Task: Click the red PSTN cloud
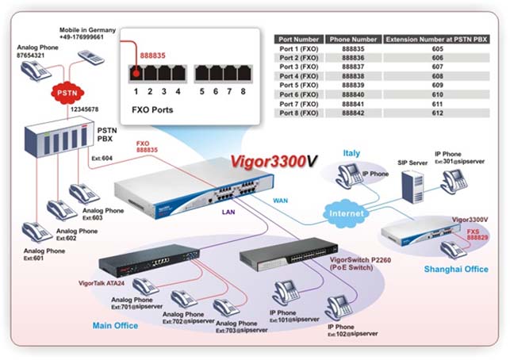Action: click(x=65, y=92)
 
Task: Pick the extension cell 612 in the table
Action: click(x=438, y=113)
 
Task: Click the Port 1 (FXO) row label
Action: click(x=300, y=49)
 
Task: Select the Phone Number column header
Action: click(x=354, y=38)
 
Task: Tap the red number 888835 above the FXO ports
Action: click(x=154, y=56)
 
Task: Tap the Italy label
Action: click(x=351, y=152)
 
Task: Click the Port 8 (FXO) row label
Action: click(x=300, y=113)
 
